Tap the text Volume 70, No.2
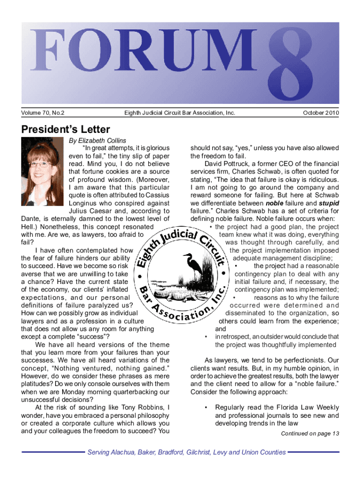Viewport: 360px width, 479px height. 43,113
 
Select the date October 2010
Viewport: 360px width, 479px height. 321,113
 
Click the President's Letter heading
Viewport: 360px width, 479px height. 65,129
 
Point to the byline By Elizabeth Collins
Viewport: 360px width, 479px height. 97,140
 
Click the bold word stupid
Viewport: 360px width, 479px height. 329,203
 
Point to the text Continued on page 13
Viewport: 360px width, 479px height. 310,433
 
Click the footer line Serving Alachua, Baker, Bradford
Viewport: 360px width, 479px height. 187,452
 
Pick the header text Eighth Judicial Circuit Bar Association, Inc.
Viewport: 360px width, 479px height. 180,113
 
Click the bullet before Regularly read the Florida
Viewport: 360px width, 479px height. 206,407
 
